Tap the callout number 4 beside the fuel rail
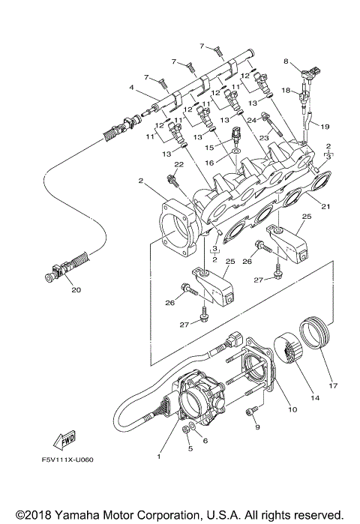pos(132,88)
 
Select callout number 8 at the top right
pos(286,60)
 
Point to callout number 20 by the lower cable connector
pos(74,290)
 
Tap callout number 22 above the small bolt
pos(178,164)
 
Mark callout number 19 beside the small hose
pos(326,127)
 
